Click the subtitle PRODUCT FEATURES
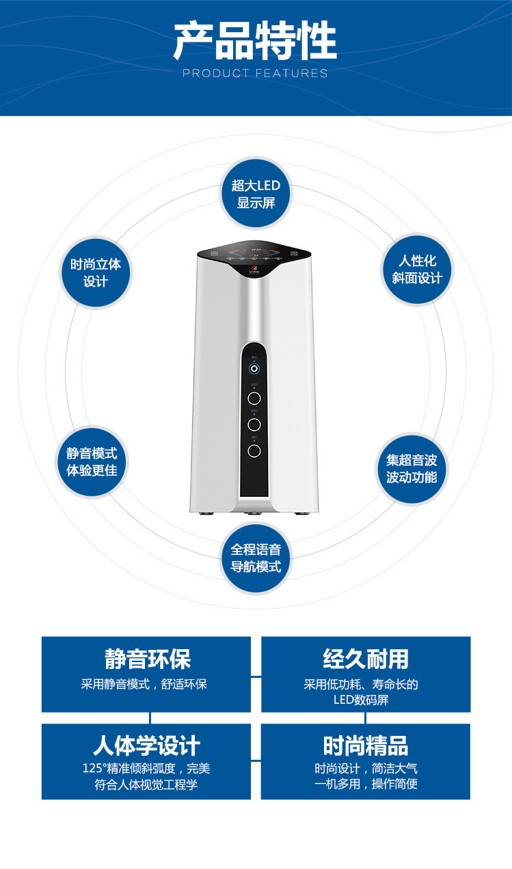pos(255,73)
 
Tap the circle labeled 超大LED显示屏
pos(256,194)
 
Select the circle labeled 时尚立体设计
pos(95,272)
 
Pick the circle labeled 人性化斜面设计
pos(417,269)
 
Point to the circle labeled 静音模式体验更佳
pos(92,461)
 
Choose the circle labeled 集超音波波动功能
pos(412,468)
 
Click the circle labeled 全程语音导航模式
pos(256,558)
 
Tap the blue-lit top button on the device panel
pos(254,369)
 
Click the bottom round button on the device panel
pos(254,451)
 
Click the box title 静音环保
pos(147,659)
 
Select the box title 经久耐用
pos(366,659)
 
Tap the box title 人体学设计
pos(146,745)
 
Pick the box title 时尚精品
pos(366,745)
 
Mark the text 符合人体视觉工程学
pos(146,784)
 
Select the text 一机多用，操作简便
pos(366,784)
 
